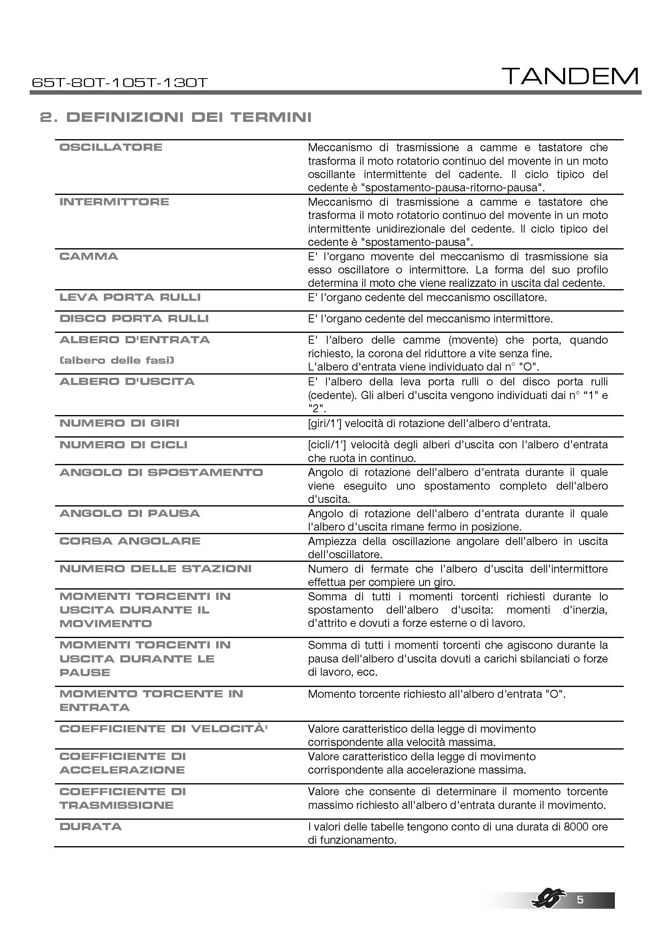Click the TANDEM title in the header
(570, 77)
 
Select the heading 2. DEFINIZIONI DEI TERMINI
(176, 118)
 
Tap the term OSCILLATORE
(111, 147)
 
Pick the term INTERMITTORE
(114, 202)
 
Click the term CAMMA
(89, 257)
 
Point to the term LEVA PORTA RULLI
(130, 298)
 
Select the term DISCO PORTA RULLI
(134, 319)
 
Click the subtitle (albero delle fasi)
(117, 361)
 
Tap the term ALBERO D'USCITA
(127, 381)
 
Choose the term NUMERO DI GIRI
(119, 423)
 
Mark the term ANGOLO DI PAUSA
(130, 514)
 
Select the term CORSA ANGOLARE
(130, 541)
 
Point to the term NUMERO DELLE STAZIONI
(155, 569)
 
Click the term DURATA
(91, 827)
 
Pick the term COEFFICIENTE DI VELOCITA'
(163, 729)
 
